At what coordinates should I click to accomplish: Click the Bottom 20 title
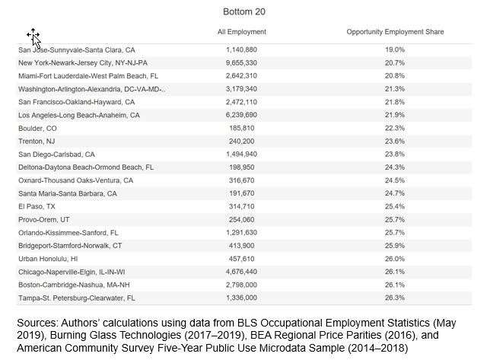point(244,12)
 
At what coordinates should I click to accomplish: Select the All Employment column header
point(242,32)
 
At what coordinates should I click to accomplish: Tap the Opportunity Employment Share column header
point(395,32)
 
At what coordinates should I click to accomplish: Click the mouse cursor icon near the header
point(34,37)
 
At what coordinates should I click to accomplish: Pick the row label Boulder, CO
point(37,129)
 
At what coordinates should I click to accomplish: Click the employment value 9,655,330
point(241,63)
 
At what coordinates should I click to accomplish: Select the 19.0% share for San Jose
point(395,49)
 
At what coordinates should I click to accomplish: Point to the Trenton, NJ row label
point(37,142)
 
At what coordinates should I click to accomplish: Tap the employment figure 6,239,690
point(241,115)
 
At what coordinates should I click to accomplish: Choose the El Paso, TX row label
point(37,206)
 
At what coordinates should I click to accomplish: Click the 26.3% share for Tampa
point(395,298)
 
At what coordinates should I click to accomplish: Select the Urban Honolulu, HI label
point(48,259)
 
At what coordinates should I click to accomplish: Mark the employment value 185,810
point(241,128)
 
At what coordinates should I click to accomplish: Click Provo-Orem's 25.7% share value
point(395,220)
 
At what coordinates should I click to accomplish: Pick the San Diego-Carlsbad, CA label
point(56,155)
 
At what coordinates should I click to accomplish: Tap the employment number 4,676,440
point(241,272)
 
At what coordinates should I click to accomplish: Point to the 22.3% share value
point(395,128)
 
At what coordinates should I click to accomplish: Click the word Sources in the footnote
point(37,323)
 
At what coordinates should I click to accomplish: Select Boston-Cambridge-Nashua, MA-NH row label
point(74,285)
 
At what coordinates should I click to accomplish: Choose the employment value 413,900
point(241,246)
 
